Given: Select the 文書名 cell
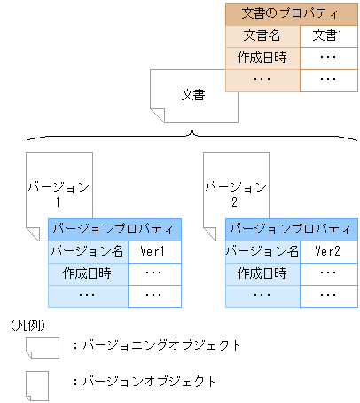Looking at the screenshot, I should coord(262,36).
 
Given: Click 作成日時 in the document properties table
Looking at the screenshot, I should coord(262,58).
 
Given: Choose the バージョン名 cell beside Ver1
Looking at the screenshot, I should coord(89,251).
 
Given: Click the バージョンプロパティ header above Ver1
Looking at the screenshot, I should coord(114,229).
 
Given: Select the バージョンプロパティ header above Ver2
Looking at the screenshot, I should coord(292,229).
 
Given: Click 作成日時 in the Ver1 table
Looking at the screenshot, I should coord(89,273).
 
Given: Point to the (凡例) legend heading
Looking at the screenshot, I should coord(27,325).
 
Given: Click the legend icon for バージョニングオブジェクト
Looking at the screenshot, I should coord(42,345).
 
